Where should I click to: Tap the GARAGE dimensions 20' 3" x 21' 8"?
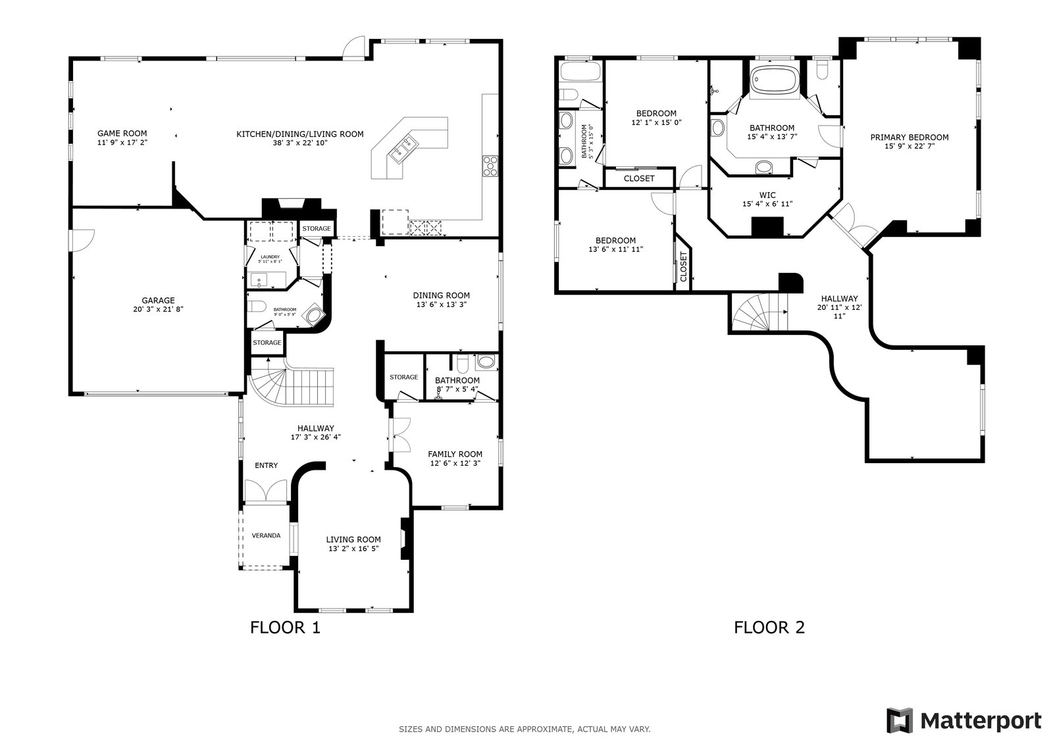click(x=159, y=309)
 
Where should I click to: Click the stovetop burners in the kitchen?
click(x=490, y=166)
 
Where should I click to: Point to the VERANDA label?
click(x=266, y=535)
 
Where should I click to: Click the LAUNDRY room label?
click(x=270, y=257)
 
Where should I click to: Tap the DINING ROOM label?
click(x=441, y=295)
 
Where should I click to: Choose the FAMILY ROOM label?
click(x=455, y=454)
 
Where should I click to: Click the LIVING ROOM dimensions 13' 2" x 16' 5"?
click(x=354, y=549)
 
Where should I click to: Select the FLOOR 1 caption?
click(x=285, y=628)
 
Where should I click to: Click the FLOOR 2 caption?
click(x=769, y=628)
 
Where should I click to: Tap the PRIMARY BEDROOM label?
click(x=910, y=137)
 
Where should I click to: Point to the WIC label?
click(x=767, y=195)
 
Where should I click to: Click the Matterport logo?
click(x=963, y=720)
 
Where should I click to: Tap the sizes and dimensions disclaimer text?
click(x=525, y=729)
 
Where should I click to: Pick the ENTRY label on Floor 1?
click(x=266, y=466)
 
